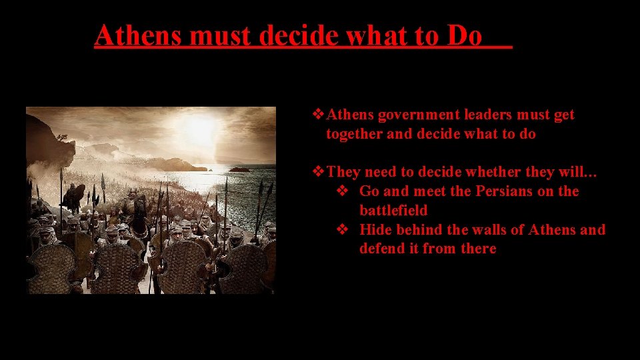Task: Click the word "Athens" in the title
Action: point(139,36)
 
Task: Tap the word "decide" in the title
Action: point(293,36)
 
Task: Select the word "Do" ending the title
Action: point(465,36)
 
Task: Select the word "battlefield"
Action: point(393,211)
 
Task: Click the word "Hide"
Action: point(375,230)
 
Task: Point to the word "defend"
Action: point(381,249)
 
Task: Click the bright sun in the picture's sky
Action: point(201,127)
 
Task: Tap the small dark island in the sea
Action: point(240,169)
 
